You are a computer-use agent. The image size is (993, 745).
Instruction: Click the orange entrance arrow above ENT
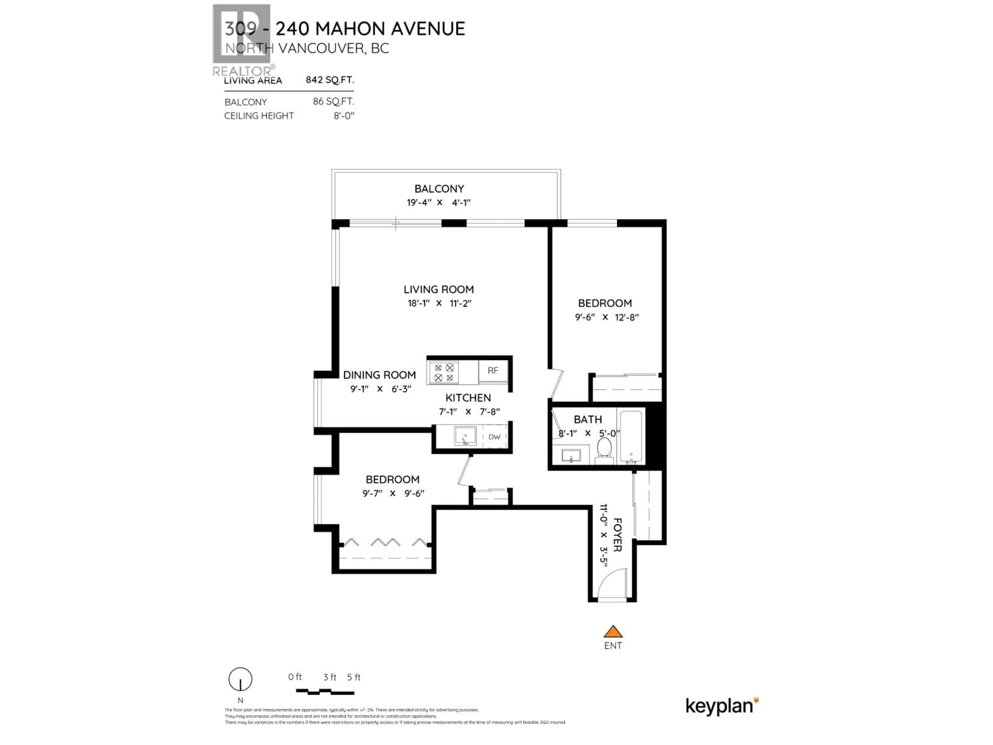pos(613,632)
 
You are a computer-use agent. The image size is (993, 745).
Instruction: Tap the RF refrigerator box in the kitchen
pos(493,371)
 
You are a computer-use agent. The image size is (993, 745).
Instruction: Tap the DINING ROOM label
pos(379,375)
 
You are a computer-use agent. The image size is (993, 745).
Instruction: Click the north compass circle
pos(240,680)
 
